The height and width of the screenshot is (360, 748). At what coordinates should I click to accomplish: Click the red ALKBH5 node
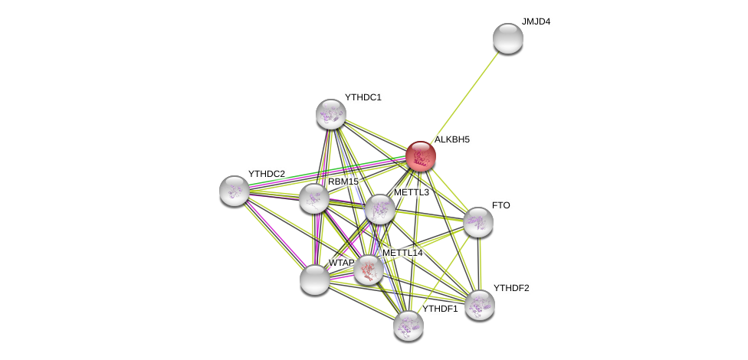[x=421, y=156]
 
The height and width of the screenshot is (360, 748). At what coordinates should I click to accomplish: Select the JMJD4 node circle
[x=507, y=38]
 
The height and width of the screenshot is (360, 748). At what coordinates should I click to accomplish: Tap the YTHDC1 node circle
[x=331, y=114]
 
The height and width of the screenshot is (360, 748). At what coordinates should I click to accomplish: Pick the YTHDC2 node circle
[x=234, y=191]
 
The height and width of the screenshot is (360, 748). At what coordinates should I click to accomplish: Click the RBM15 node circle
[x=314, y=198]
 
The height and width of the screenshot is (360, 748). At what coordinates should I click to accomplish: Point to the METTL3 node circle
[x=379, y=209]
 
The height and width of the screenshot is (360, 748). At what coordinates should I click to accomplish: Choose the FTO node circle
[x=477, y=222]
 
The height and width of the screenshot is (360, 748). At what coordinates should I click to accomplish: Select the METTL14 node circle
[x=369, y=270]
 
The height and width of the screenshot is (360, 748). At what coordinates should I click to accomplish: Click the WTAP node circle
[x=314, y=280]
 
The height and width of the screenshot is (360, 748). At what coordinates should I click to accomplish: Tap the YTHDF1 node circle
[x=408, y=326]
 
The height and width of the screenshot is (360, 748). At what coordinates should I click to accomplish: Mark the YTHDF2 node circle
[x=480, y=305]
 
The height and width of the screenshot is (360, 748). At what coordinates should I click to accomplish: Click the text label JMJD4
[x=536, y=21]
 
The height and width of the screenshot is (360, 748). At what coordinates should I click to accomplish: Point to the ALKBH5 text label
[x=452, y=139]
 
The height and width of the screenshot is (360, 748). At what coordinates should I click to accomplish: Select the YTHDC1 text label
[x=363, y=97]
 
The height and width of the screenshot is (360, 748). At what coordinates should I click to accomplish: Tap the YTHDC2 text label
[x=266, y=174]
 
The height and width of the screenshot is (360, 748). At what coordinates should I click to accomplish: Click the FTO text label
[x=500, y=205]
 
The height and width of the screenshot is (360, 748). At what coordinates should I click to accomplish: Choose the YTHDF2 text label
[x=511, y=288]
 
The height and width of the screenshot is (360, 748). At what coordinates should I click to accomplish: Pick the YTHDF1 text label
[x=440, y=309]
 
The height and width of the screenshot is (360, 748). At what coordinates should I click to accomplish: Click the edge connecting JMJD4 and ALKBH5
[x=464, y=97]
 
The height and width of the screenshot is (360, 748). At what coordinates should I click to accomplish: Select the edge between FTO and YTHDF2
[x=479, y=264]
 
